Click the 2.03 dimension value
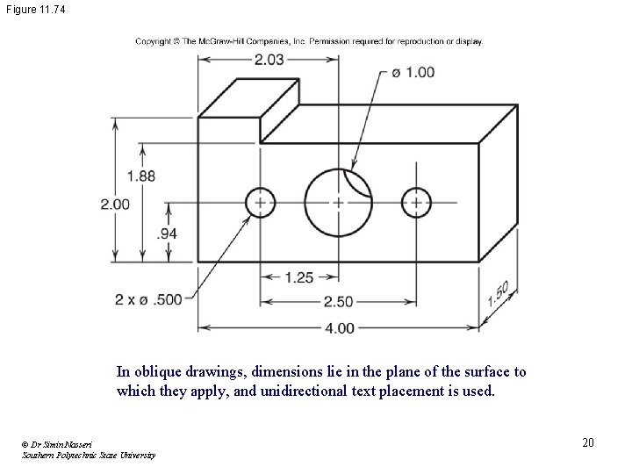(269, 60)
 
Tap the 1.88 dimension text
(141, 176)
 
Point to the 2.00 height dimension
(115, 204)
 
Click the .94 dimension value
(168, 233)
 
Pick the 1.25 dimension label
(298, 277)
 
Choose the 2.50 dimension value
(338, 302)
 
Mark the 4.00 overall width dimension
(339, 328)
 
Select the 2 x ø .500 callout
(148, 299)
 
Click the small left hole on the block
(260, 203)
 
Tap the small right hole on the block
(416, 203)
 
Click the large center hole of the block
(338, 203)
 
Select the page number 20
(587, 442)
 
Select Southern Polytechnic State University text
(90, 455)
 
